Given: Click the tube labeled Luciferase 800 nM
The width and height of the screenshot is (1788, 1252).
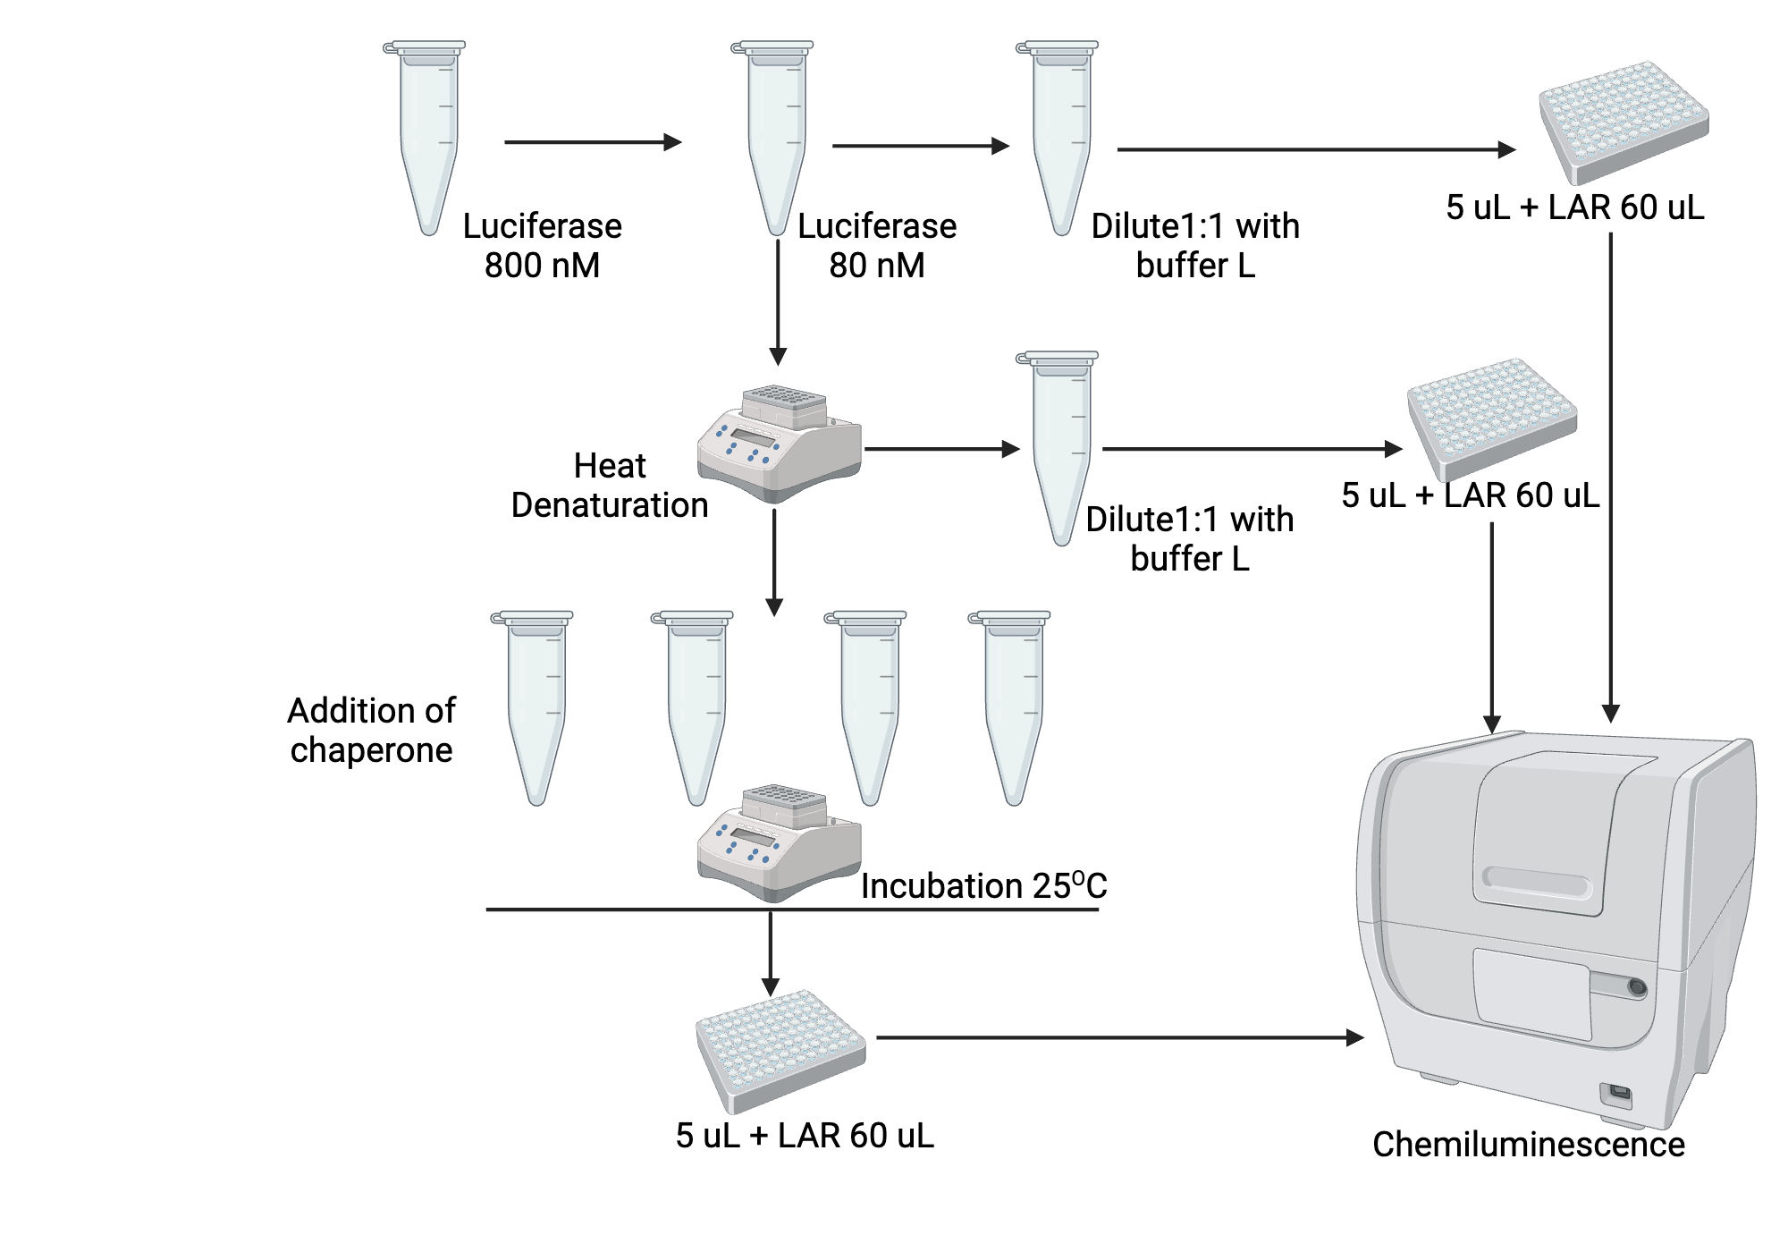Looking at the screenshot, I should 428,134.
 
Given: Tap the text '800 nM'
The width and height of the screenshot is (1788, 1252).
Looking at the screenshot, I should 542,266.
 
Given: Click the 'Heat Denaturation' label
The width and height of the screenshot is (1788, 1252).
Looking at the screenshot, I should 609,486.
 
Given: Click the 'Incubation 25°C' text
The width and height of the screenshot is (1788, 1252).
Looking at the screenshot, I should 983,886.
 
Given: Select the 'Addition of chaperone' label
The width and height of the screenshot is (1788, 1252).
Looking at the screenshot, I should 371,730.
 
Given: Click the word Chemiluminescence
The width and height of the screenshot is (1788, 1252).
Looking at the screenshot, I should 1528,1145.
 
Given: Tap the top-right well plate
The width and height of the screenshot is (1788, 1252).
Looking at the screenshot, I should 1623,121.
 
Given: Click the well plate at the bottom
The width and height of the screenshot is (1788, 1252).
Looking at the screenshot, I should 780,1048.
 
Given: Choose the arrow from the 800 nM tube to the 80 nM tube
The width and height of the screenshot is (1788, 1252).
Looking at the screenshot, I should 592,142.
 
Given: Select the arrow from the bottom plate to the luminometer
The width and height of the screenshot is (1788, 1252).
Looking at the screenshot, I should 1117,1038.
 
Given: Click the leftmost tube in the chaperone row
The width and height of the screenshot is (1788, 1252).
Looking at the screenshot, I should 535,706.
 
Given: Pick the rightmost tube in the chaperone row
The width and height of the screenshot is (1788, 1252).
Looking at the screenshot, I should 1012,706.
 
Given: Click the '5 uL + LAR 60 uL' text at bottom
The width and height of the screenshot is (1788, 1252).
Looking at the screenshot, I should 805,1136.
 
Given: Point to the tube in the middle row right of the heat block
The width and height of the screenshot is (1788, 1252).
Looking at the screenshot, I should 1060,447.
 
